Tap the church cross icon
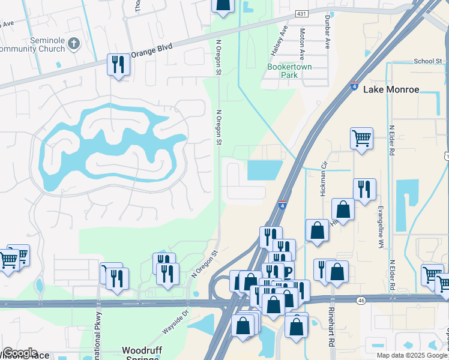point(74,43)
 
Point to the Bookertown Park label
point(289,71)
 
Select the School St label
point(427,61)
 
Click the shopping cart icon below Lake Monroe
point(361,138)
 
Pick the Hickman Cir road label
point(324,181)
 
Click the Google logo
point(19,353)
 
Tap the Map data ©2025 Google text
point(412,355)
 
